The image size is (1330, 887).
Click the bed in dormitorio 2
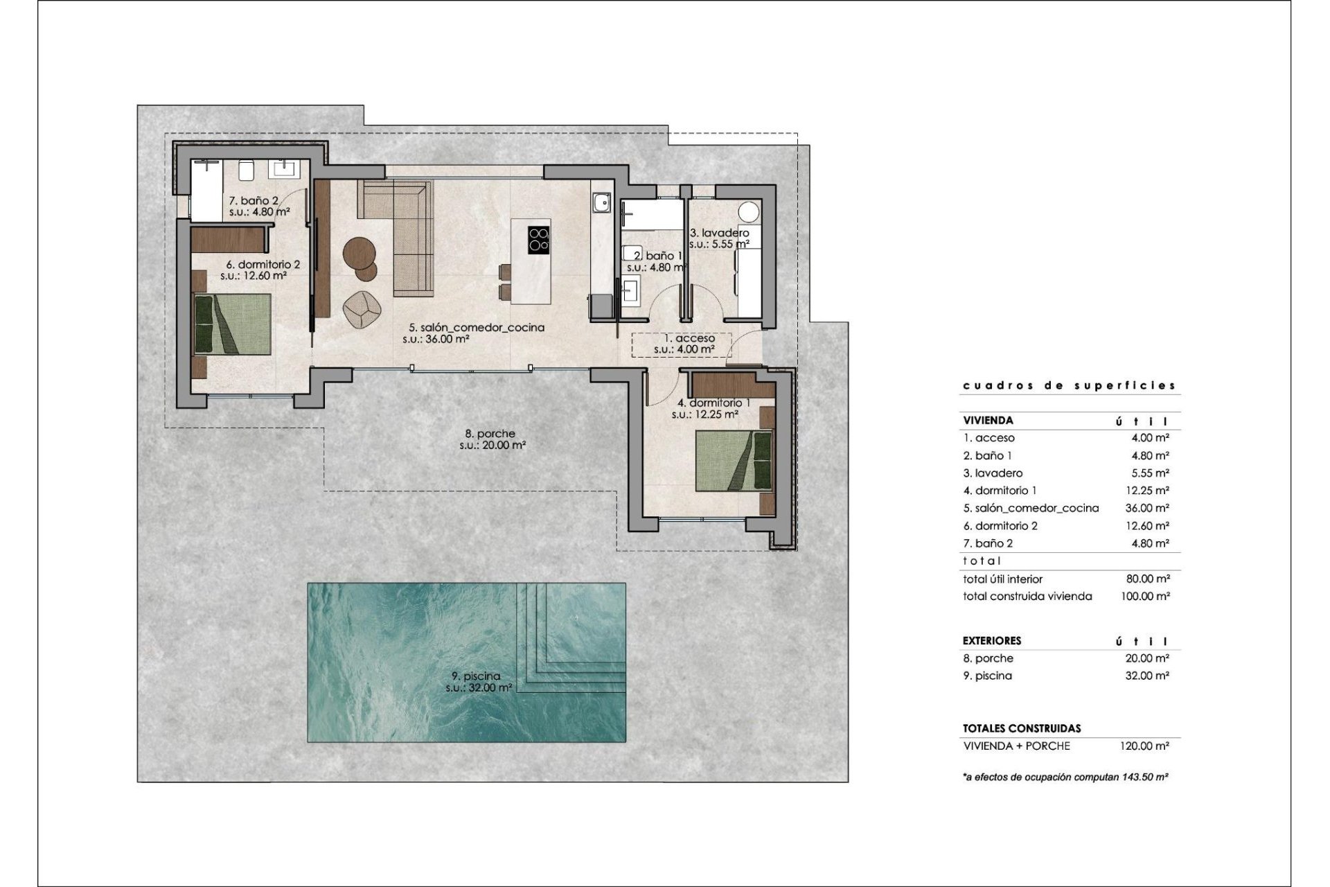click(232, 324)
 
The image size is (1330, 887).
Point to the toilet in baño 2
click(246, 170)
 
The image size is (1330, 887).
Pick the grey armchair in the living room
click(361, 309)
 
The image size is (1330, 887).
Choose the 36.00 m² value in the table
click(1147, 508)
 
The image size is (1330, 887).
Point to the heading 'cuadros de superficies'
click(1070, 386)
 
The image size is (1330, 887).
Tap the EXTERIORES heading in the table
click(992, 641)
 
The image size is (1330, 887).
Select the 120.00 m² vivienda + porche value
click(1145, 746)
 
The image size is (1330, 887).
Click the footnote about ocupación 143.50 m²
click(1066, 778)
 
